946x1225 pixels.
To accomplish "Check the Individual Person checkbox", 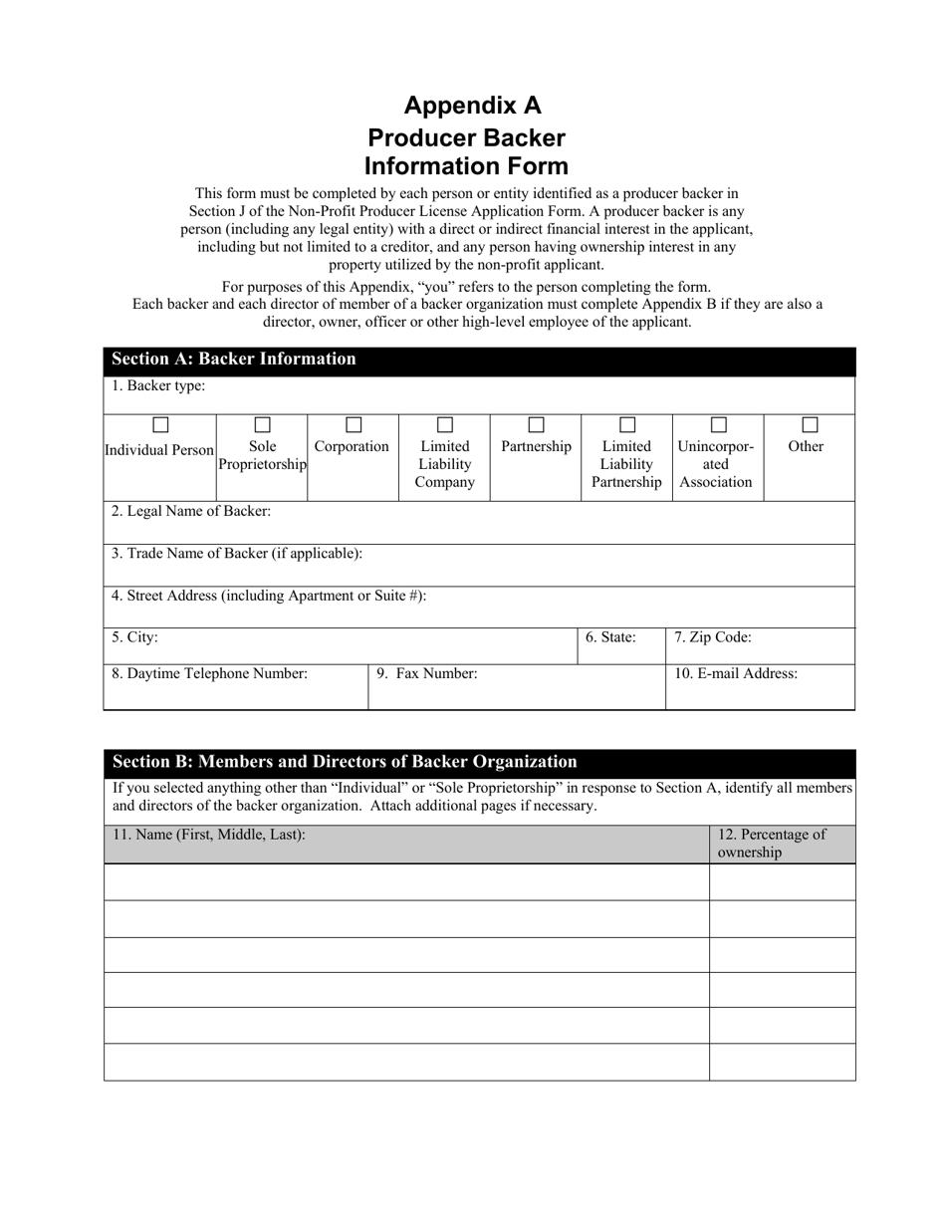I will click(x=160, y=425).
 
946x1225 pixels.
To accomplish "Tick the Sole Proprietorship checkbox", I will click(x=263, y=425).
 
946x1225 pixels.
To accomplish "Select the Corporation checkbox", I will click(x=354, y=425).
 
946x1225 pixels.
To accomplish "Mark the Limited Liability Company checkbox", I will click(x=445, y=425).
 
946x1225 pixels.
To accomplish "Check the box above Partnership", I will click(x=536, y=425).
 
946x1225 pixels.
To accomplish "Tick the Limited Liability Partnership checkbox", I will click(x=627, y=425).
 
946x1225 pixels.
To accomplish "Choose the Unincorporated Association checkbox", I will click(x=718, y=425).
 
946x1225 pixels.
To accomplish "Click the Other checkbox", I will click(x=811, y=425).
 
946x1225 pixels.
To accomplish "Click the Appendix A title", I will click(x=472, y=106).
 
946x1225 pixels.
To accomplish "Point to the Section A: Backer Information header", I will click(x=234, y=360).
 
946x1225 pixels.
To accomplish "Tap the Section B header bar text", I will click(x=345, y=762).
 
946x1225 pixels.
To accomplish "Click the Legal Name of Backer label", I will click(x=191, y=512).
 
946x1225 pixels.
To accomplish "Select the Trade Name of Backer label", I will click(x=237, y=554).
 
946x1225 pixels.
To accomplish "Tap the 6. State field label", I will click(x=610, y=637).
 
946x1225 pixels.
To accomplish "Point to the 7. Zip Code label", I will click(x=713, y=637).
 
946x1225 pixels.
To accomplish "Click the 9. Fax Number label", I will click(x=427, y=674).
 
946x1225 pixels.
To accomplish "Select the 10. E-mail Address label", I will click(x=736, y=674).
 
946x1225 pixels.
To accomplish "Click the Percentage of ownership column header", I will click(x=772, y=844).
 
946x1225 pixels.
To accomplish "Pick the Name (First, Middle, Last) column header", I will click(x=209, y=836).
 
